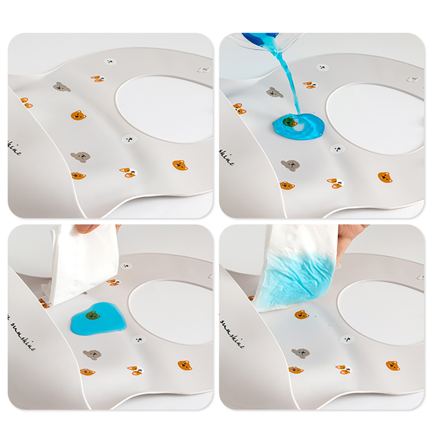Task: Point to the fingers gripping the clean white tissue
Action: click(x=93, y=228)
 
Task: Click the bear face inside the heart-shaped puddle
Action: click(x=92, y=315)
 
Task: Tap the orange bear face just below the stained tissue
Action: click(x=302, y=314)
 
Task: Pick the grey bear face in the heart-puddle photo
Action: click(x=92, y=355)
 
